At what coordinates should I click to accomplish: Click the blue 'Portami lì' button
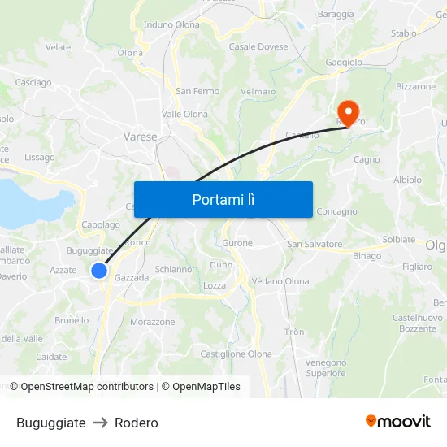click(223, 199)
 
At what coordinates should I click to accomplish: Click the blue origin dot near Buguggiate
click(99, 271)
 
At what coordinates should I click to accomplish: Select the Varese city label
click(140, 137)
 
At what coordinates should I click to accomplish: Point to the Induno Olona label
click(171, 25)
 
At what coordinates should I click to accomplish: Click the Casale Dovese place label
click(258, 47)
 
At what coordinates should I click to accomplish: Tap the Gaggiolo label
click(344, 63)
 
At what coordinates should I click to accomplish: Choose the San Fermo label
click(197, 91)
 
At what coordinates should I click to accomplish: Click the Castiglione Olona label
click(237, 354)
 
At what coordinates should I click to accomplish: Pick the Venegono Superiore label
click(326, 367)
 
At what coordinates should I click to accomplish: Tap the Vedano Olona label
click(280, 281)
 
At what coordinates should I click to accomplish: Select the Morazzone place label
click(153, 322)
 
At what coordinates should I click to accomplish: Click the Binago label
click(367, 256)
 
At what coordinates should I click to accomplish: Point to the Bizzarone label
click(416, 86)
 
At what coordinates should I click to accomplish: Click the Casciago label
click(33, 82)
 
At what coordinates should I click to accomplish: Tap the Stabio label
click(404, 33)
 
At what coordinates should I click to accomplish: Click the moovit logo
click(398, 422)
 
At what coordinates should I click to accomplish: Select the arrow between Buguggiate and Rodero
click(100, 423)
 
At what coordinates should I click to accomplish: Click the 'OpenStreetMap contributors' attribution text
click(87, 387)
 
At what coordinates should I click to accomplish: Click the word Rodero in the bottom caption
click(137, 423)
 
